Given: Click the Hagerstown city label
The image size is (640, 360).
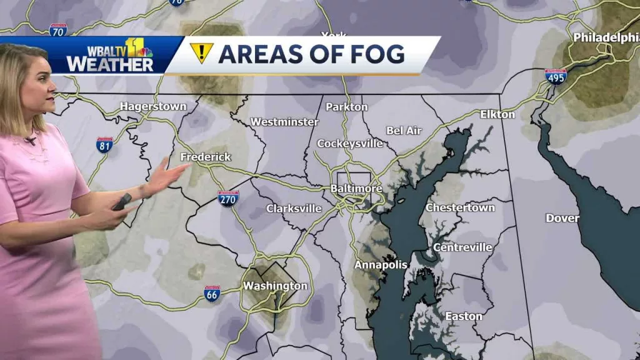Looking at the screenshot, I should (153, 106).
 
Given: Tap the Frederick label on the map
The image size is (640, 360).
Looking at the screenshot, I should (206, 157).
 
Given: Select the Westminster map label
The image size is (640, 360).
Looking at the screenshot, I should (284, 122).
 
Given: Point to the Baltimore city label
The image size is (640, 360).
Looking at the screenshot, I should (356, 188).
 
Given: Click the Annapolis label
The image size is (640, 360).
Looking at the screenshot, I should (381, 265).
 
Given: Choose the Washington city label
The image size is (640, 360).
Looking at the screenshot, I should (275, 286).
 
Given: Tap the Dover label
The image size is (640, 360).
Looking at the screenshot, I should (562, 218).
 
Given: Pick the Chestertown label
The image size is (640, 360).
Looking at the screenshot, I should (460, 207).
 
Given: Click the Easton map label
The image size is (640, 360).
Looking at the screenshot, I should (463, 316).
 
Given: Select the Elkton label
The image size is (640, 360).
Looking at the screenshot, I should (497, 114).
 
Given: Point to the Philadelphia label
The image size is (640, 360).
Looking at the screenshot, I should (606, 37).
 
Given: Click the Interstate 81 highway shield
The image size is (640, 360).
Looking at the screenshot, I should (105, 145).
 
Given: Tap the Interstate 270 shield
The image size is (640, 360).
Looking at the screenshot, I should (229, 199).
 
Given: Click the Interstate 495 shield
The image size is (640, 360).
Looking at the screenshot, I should (556, 77).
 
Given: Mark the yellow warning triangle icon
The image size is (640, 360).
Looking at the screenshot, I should (202, 53).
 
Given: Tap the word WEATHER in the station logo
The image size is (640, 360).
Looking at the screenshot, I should (109, 64).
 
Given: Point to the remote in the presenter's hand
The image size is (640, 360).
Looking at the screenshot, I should (122, 201).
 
